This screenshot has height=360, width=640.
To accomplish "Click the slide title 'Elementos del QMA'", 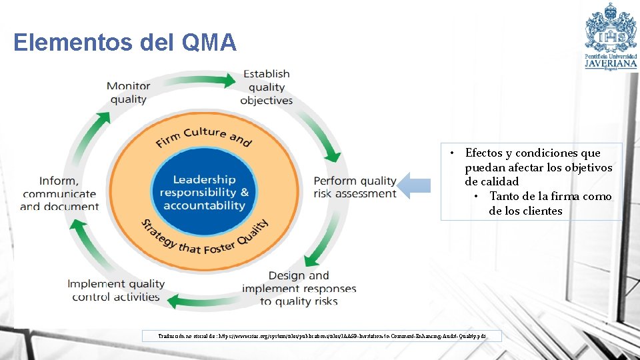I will pyautogui.click(x=125, y=43).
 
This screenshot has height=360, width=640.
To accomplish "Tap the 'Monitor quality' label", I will pyautogui.click(x=128, y=93).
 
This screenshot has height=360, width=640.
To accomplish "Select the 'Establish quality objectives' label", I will pyautogui.click(x=267, y=87).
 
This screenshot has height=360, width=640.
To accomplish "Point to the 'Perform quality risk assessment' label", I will pyautogui.click(x=355, y=187).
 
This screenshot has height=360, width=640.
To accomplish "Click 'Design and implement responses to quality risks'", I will pyautogui.click(x=299, y=288).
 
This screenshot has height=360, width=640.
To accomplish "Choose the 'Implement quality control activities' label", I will pyautogui.click(x=116, y=290).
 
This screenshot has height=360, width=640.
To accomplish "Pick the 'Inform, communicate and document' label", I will pyautogui.click(x=59, y=193).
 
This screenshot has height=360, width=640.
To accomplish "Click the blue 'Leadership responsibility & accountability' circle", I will pyautogui.click(x=204, y=192).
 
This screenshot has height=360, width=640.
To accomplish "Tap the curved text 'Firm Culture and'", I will pyautogui.click(x=203, y=135).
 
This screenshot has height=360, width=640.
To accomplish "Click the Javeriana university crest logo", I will pyautogui.click(x=610, y=27).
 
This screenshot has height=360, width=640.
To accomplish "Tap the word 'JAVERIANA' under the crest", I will pyautogui.click(x=611, y=64).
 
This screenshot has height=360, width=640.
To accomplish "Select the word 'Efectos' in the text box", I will pyautogui.click(x=483, y=153).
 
